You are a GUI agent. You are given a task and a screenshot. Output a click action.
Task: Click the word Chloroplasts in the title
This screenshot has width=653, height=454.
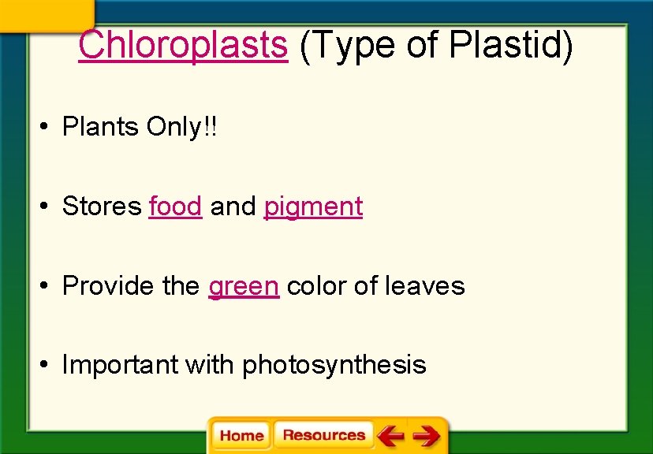click(x=183, y=45)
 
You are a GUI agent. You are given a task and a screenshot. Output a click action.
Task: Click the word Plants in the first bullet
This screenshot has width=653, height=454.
click(x=101, y=126)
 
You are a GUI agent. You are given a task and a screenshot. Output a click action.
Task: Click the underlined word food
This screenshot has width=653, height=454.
click(x=175, y=206)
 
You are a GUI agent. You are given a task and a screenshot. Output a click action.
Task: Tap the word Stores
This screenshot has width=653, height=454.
click(x=102, y=206)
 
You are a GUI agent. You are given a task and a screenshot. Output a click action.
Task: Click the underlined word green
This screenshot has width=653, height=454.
click(x=243, y=286)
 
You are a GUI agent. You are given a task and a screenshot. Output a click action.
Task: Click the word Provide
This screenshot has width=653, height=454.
click(x=109, y=285)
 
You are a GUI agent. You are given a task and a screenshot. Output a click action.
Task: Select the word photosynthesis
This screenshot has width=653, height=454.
click(x=334, y=365)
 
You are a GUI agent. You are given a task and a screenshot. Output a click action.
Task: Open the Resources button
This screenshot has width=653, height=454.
click(x=323, y=435)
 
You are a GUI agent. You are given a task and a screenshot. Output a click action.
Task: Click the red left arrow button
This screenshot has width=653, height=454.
click(x=390, y=435)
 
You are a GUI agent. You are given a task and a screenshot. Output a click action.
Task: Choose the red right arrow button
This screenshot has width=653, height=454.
click(x=426, y=435)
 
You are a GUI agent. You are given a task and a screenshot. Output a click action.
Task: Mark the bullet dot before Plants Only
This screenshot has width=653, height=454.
click(x=47, y=127)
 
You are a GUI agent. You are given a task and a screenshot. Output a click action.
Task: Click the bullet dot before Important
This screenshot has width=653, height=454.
click(x=47, y=365)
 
